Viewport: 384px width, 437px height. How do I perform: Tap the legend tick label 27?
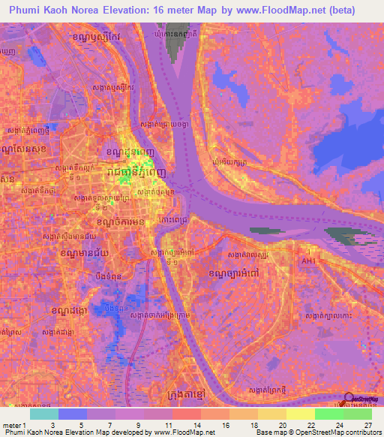tap(367, 424)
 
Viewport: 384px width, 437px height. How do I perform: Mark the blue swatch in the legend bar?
tap(73, 414)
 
